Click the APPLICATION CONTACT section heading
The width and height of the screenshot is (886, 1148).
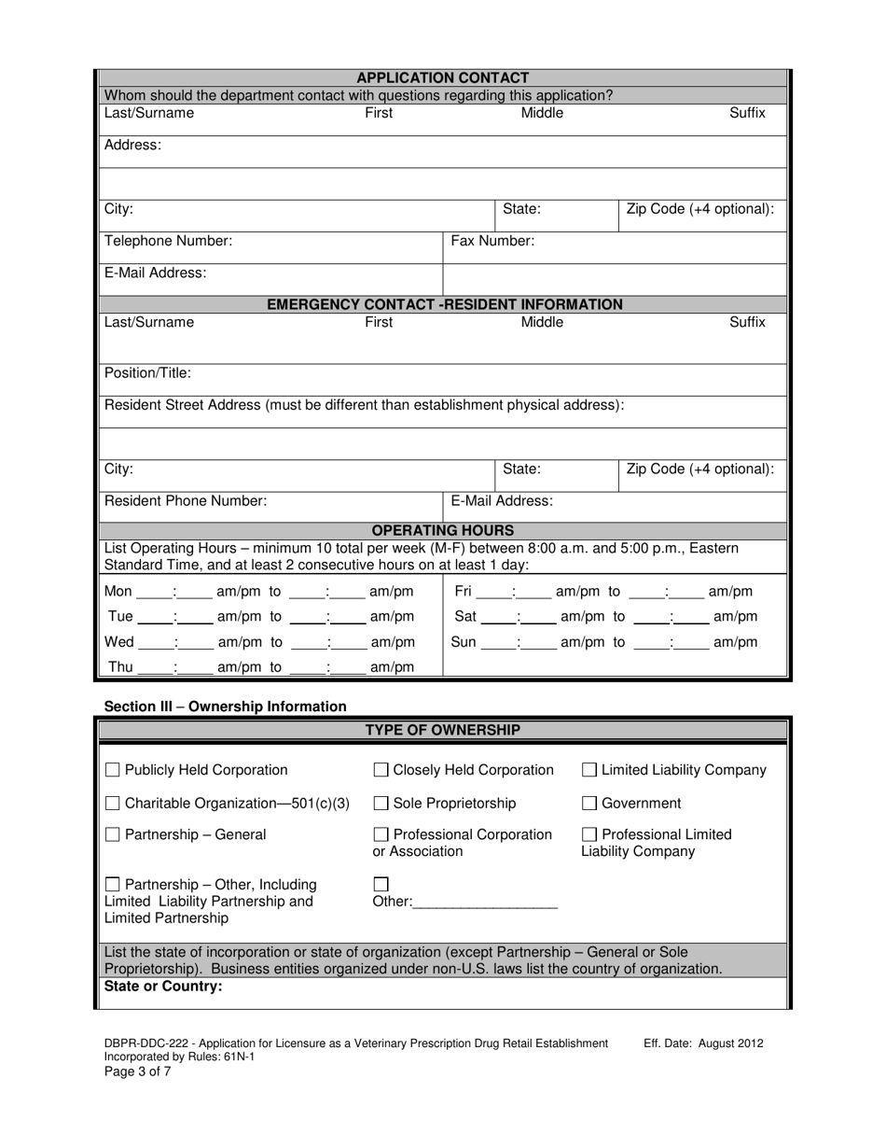point(443,78)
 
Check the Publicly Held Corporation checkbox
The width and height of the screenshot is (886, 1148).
point(113,771)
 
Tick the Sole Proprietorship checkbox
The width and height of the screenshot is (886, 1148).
point(381,804)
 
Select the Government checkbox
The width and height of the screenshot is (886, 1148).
point(589,804)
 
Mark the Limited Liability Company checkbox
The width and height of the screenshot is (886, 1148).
point(589,771)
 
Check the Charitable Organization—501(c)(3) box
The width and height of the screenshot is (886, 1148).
point(113,804)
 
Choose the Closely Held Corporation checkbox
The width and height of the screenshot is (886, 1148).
point(381,771)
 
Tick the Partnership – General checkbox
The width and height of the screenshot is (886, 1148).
point(113,835)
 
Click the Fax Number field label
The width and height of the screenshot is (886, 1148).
point(492,241)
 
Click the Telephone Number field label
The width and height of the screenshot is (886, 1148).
point(168,241)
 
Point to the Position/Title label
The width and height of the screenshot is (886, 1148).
point(147,373)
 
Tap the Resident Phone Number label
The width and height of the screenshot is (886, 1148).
point(185,500)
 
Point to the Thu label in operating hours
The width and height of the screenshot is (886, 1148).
point(121,667)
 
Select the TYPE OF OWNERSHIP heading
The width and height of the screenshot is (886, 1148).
point(443,730)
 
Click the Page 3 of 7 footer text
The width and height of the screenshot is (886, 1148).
point(137,1071)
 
